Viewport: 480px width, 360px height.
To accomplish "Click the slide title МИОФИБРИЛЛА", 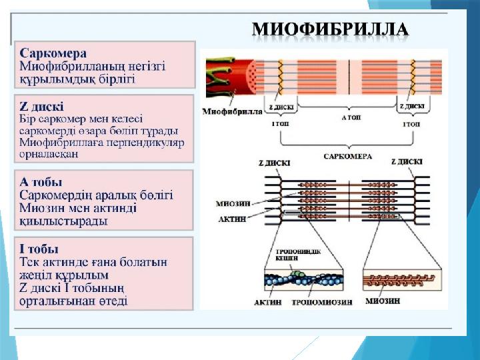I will [x=330, y=29].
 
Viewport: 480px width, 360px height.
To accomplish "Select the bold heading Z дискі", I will [x=42, y=105].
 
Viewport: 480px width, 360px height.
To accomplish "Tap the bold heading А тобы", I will [x=41, y=181].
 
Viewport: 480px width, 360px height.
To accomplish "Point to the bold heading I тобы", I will [x=39, y=248].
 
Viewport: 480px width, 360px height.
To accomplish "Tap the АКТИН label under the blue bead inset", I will [x=264, y=301].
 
